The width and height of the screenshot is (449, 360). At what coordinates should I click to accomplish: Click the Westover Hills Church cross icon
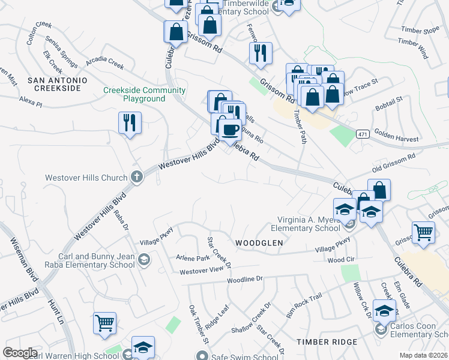point(137,177)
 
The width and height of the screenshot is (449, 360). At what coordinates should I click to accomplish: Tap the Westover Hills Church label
point(86,178)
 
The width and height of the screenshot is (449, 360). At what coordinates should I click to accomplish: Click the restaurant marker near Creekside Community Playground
point(130,124)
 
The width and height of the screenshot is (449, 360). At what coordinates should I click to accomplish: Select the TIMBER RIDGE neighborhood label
point(327,342)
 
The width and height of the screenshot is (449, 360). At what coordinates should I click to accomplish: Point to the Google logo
point(20,353)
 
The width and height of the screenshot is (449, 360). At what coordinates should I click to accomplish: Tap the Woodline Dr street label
point(246,280)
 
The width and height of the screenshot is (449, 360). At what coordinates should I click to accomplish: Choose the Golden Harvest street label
point(396,139)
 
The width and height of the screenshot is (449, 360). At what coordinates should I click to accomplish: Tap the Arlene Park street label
point(193,258)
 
